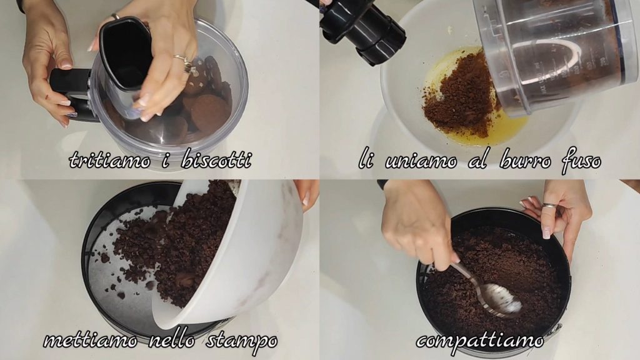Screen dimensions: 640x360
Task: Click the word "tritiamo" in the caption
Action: coord(110,159)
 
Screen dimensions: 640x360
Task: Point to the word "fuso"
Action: coord(581,161)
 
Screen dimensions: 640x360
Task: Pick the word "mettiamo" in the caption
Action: coord(90,339)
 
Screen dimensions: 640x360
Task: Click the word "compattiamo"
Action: coord(480,340)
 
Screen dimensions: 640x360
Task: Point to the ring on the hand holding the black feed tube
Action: coord(183,61)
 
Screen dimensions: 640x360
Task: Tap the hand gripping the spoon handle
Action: coord(416,222)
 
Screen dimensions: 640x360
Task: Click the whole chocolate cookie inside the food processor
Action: coord(209,112)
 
